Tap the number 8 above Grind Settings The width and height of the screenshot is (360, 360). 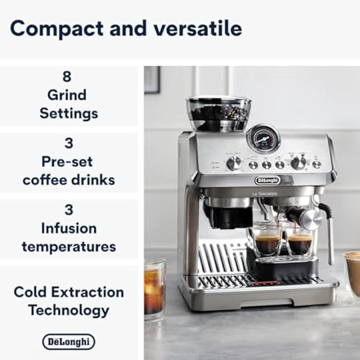(x=67, y=76)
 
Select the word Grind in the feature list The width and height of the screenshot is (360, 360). (x=67, y=95)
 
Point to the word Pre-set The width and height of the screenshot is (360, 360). (x=69, y=161)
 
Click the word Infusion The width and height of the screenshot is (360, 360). (x=69, y=228)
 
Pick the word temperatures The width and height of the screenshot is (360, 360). (x=69, y=246)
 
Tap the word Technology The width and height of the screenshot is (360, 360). (x=69, y=310)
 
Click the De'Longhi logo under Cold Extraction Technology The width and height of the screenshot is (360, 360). (x=69, y=341)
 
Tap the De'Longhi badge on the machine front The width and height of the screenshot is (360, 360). (x=267, y=181)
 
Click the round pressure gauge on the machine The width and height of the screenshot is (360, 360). (x=263, y=139)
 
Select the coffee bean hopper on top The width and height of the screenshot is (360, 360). (x=219, y=113)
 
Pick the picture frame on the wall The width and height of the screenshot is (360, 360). (x=151, y=79)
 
